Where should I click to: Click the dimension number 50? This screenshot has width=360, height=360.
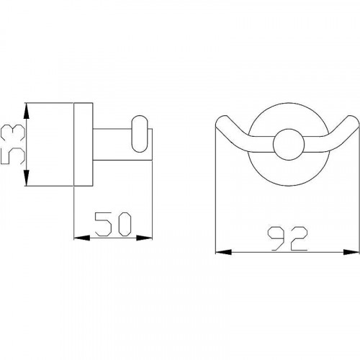(x=113, y=224)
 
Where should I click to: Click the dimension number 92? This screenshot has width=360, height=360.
(x=288, y=238)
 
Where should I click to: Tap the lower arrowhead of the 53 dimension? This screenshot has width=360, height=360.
(x=27, y=178)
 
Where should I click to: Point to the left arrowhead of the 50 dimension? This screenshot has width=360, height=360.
(x=81, y=238)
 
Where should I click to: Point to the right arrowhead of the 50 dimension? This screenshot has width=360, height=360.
(x=144, y=238)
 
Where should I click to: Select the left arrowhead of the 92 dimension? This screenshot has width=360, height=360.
(x=224, y=252)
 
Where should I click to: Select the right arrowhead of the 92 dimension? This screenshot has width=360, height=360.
(x=351, y=252)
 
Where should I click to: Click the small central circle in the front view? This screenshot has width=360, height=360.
(x=289, y=144)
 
